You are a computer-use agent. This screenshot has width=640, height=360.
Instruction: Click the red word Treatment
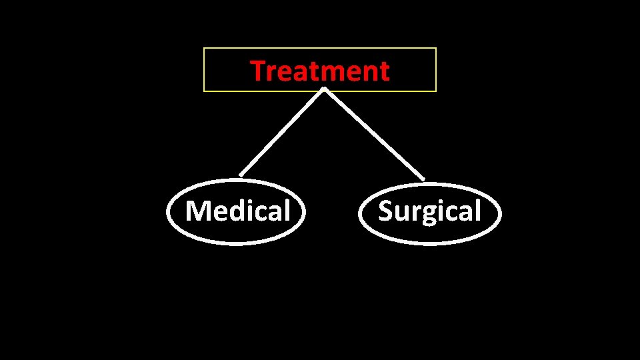(x=319, y=71)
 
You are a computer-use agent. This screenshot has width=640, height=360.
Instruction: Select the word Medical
(x=238, y=211)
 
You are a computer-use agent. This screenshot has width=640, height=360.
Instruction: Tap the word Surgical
(x=429, y=211)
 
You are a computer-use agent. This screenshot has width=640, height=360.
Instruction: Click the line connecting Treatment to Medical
(x=281, y=133)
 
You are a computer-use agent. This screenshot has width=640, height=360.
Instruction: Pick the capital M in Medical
(x=197, y=211)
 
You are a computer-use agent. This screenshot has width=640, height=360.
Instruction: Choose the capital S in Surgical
(x=386, y=211)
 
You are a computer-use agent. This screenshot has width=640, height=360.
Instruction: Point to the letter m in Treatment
(x=326, y=72)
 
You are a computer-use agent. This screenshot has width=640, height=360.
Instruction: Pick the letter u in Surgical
(x=401, y=213)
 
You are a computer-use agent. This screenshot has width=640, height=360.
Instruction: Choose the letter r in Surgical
(x=414, y=213)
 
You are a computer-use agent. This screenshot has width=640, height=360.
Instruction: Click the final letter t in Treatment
(x=384, y=71)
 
